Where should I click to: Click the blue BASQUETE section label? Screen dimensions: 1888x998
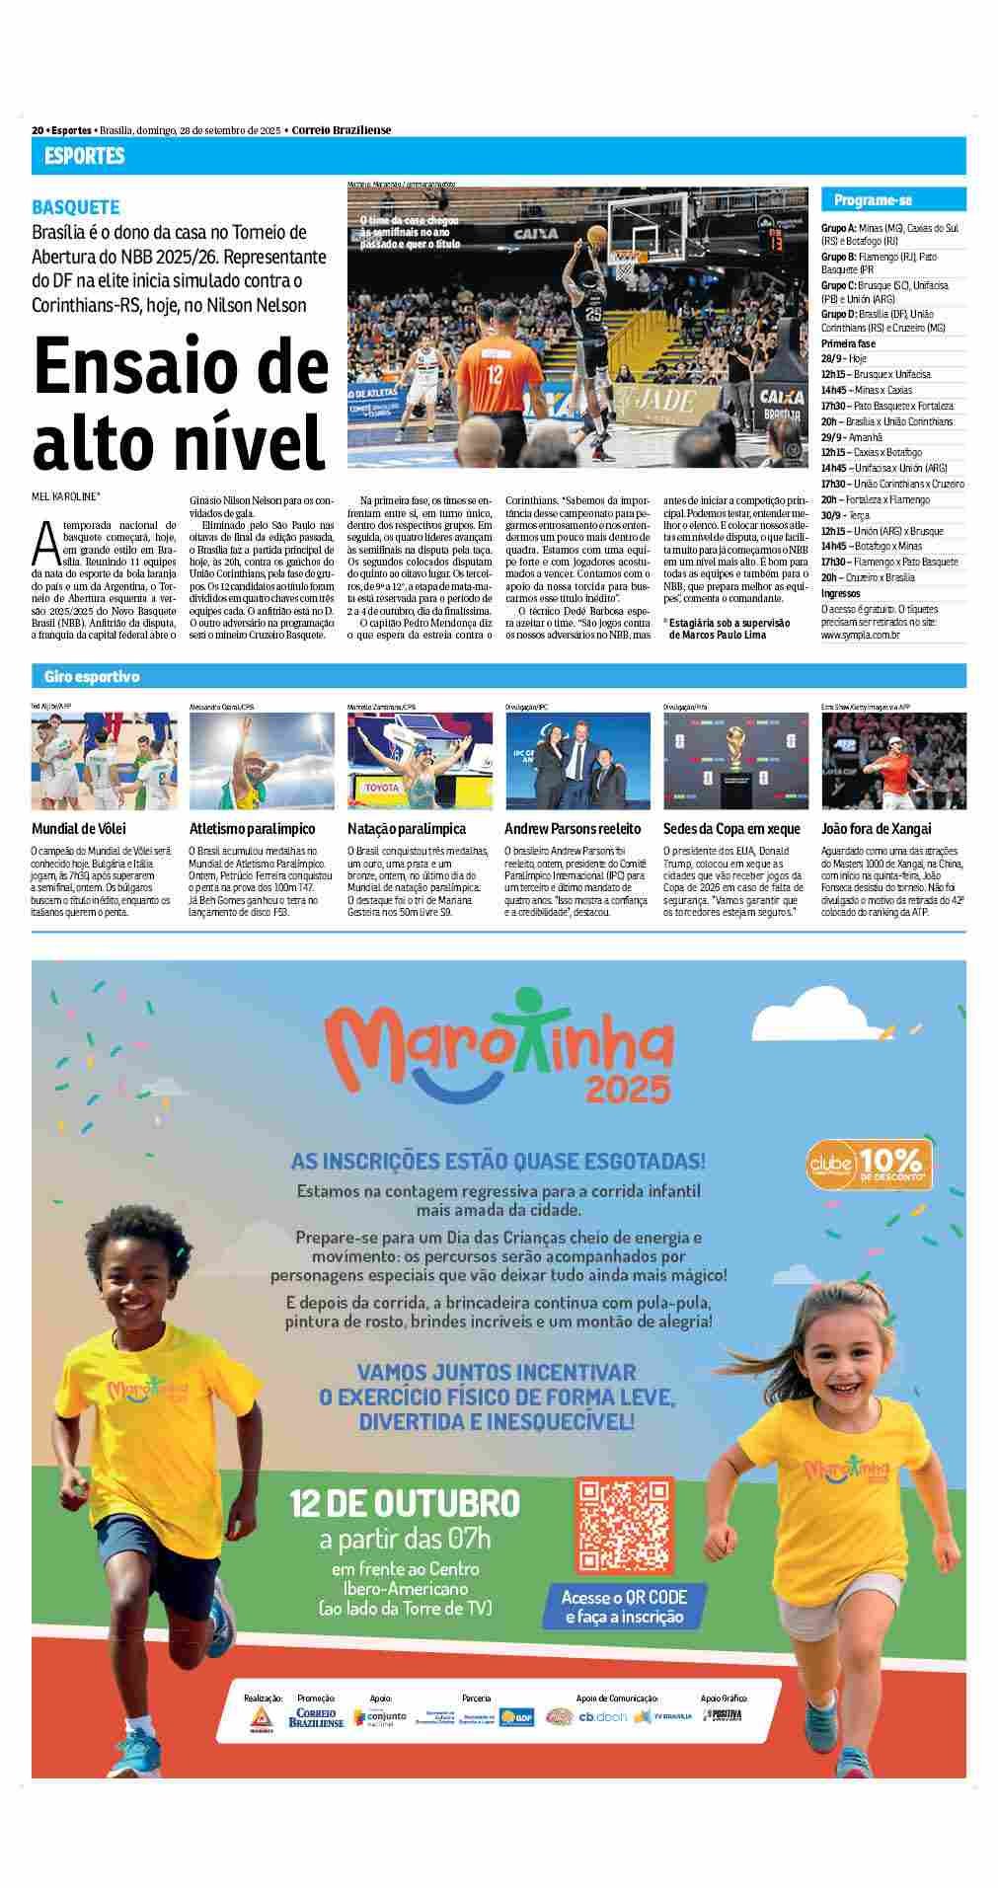76,207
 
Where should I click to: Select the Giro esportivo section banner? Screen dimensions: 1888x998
92,677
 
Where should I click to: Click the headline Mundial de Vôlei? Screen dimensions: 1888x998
79,829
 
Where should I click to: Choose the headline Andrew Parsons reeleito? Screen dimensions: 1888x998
573,829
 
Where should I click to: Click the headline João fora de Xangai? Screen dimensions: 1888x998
877,829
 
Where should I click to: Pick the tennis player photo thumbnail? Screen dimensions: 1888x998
893,760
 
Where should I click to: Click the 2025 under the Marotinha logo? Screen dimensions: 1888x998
628,1089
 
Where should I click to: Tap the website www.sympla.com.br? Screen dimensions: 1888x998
861,636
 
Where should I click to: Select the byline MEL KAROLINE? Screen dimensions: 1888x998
71,496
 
